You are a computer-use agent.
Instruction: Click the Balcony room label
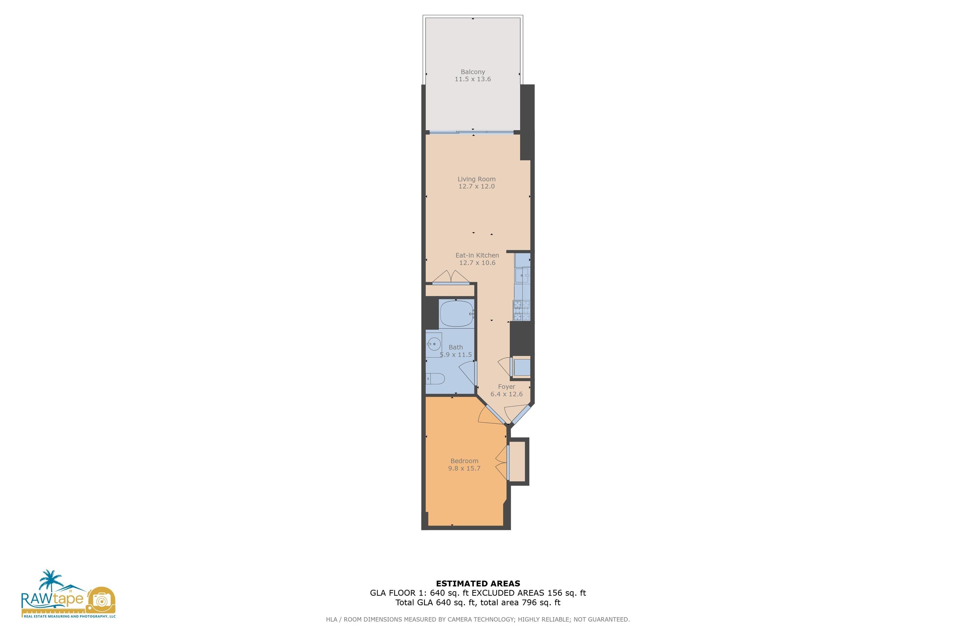tap(472, 72)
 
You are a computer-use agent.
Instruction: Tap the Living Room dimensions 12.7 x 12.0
tap(476, 187)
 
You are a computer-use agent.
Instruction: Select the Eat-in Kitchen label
tap(477, 255)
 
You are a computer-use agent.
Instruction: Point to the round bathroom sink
tap(434, 344)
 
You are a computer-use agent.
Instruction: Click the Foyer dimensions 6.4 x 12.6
tap(506, 394)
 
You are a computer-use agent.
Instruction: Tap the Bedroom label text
tap(464, 461)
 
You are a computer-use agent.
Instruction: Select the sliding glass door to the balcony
tap(471, 132)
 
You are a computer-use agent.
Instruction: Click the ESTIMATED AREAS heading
tap(478, 584)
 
